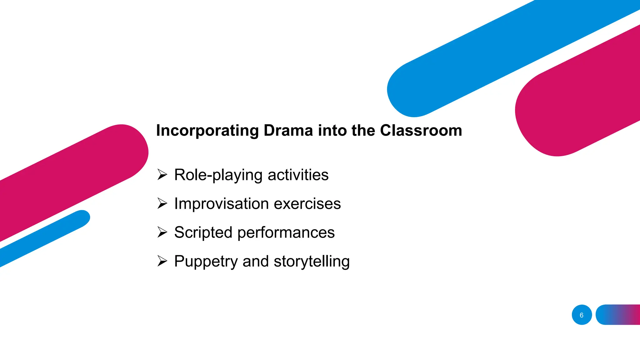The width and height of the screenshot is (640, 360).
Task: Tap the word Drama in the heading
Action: (x=288, y=130)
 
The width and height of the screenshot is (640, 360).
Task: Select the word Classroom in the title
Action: (x=421, y=130)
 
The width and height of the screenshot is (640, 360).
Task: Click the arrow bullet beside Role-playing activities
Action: (x=162, y=174)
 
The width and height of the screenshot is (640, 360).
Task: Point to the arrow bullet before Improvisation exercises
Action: (x=162, y=203)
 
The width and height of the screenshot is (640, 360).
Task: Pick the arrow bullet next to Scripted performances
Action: (x=162, y=232)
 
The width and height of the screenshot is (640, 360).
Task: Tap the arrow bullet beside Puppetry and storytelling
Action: (x=162, y=261)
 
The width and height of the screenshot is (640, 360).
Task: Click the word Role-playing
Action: (x=218, y=175)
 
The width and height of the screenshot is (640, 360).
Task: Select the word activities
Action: (x=298, y=175)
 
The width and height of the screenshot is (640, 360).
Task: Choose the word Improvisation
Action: (x=221, y=204)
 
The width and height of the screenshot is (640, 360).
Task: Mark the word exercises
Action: (x=307, y=204)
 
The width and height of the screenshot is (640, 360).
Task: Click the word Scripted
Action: (x=203, y=232)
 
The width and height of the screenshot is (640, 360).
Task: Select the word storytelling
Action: (x=312, y=262)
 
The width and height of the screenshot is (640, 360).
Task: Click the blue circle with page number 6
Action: (x=582, y=315)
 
